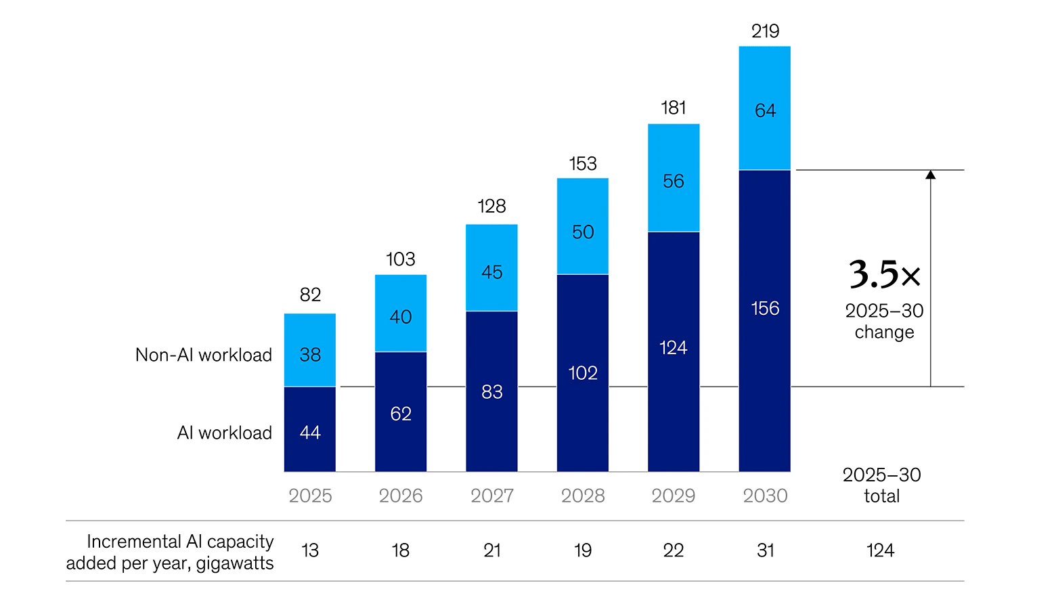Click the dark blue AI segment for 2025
click(x=310, y=429)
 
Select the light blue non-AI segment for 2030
click(x=765, y=108)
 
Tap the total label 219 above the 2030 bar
click(x=765, y=31)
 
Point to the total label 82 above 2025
click(x=310, y=295)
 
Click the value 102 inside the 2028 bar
click(x=583, y=373)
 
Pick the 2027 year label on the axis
click(x=492, y=496)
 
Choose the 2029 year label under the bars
click(x=674, y=496)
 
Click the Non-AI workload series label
click(x=204, y=355)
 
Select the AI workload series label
click(x=225, y=433)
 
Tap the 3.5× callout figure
click(x=884, y=274)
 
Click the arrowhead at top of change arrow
click(x=931, y=175)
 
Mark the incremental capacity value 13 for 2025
click(x=310, y=550)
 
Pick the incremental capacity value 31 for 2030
click(x=765, y=550)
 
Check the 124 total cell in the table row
click(x=881, y=550)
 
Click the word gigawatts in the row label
click(x=235, y=563)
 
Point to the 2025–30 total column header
click(x=882, y=485)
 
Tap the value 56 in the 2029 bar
click(x=674, y=181)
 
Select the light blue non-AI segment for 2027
click(x=492, y=268)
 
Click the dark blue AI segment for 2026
click(x=401, y=412)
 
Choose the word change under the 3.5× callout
click(x=884, y=332)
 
